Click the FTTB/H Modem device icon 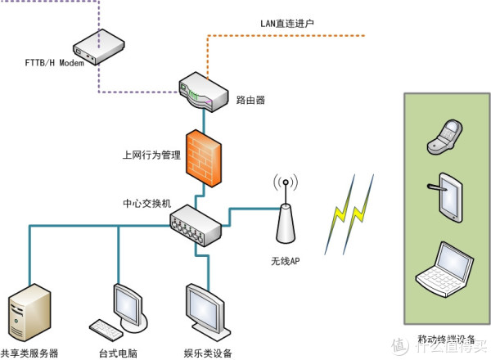click(x=99, y=47)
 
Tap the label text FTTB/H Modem click(x=55, y=63)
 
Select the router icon click(x=204, y=92)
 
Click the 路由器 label click(x=250, y=100)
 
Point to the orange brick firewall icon click(x=204, y=158)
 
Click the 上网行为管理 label click(x=151, y=155)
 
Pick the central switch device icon click(x=196, y=225)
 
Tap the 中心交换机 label click(x=147, y=204)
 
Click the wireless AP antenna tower click(x=286, y=216)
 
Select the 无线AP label click(x=286, y=261)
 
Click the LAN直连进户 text click(x=287, y=24)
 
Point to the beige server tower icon click(x=29, y=312)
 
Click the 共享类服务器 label click(x=29, y=353)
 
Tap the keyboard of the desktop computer click(x=106, y=330)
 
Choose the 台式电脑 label click(x=118, y=353)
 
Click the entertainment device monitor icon click(x=208, y=312)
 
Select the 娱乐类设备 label click(x=208, y=353)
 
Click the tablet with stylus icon click(x=446, y=197)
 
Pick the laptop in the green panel click(x=444, y=269)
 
